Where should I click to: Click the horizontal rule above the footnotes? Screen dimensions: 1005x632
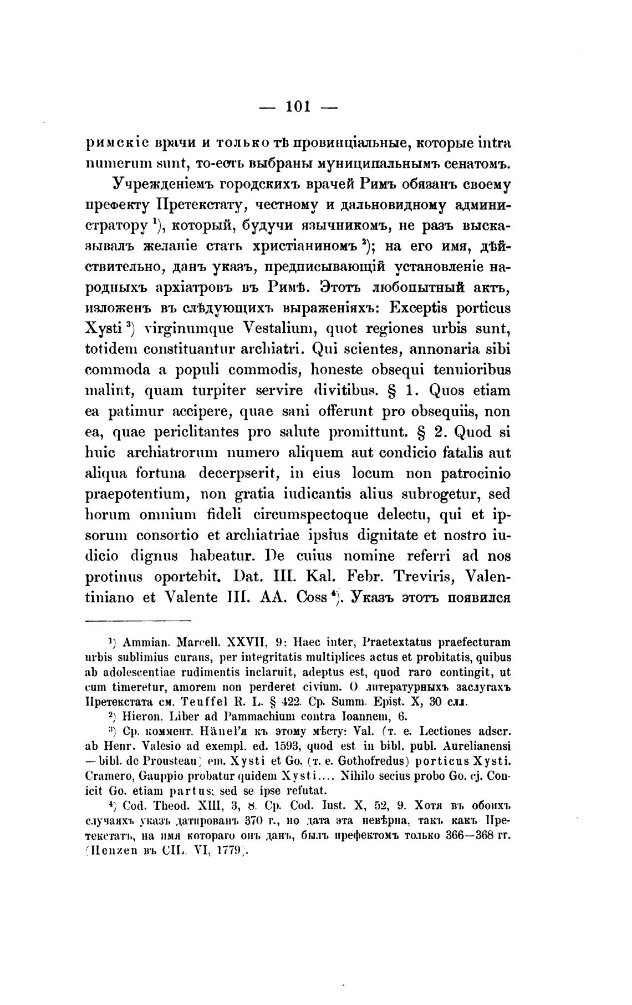tap(138, 621)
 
